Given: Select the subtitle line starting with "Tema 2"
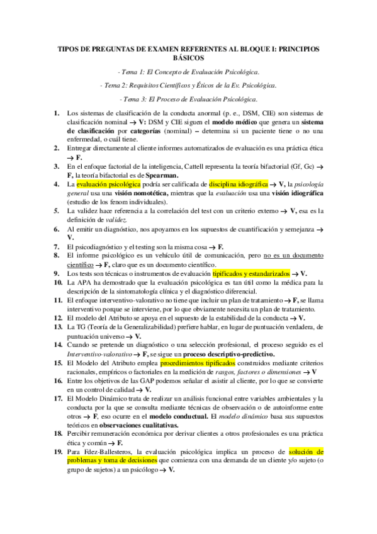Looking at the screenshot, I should pos(188,85).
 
